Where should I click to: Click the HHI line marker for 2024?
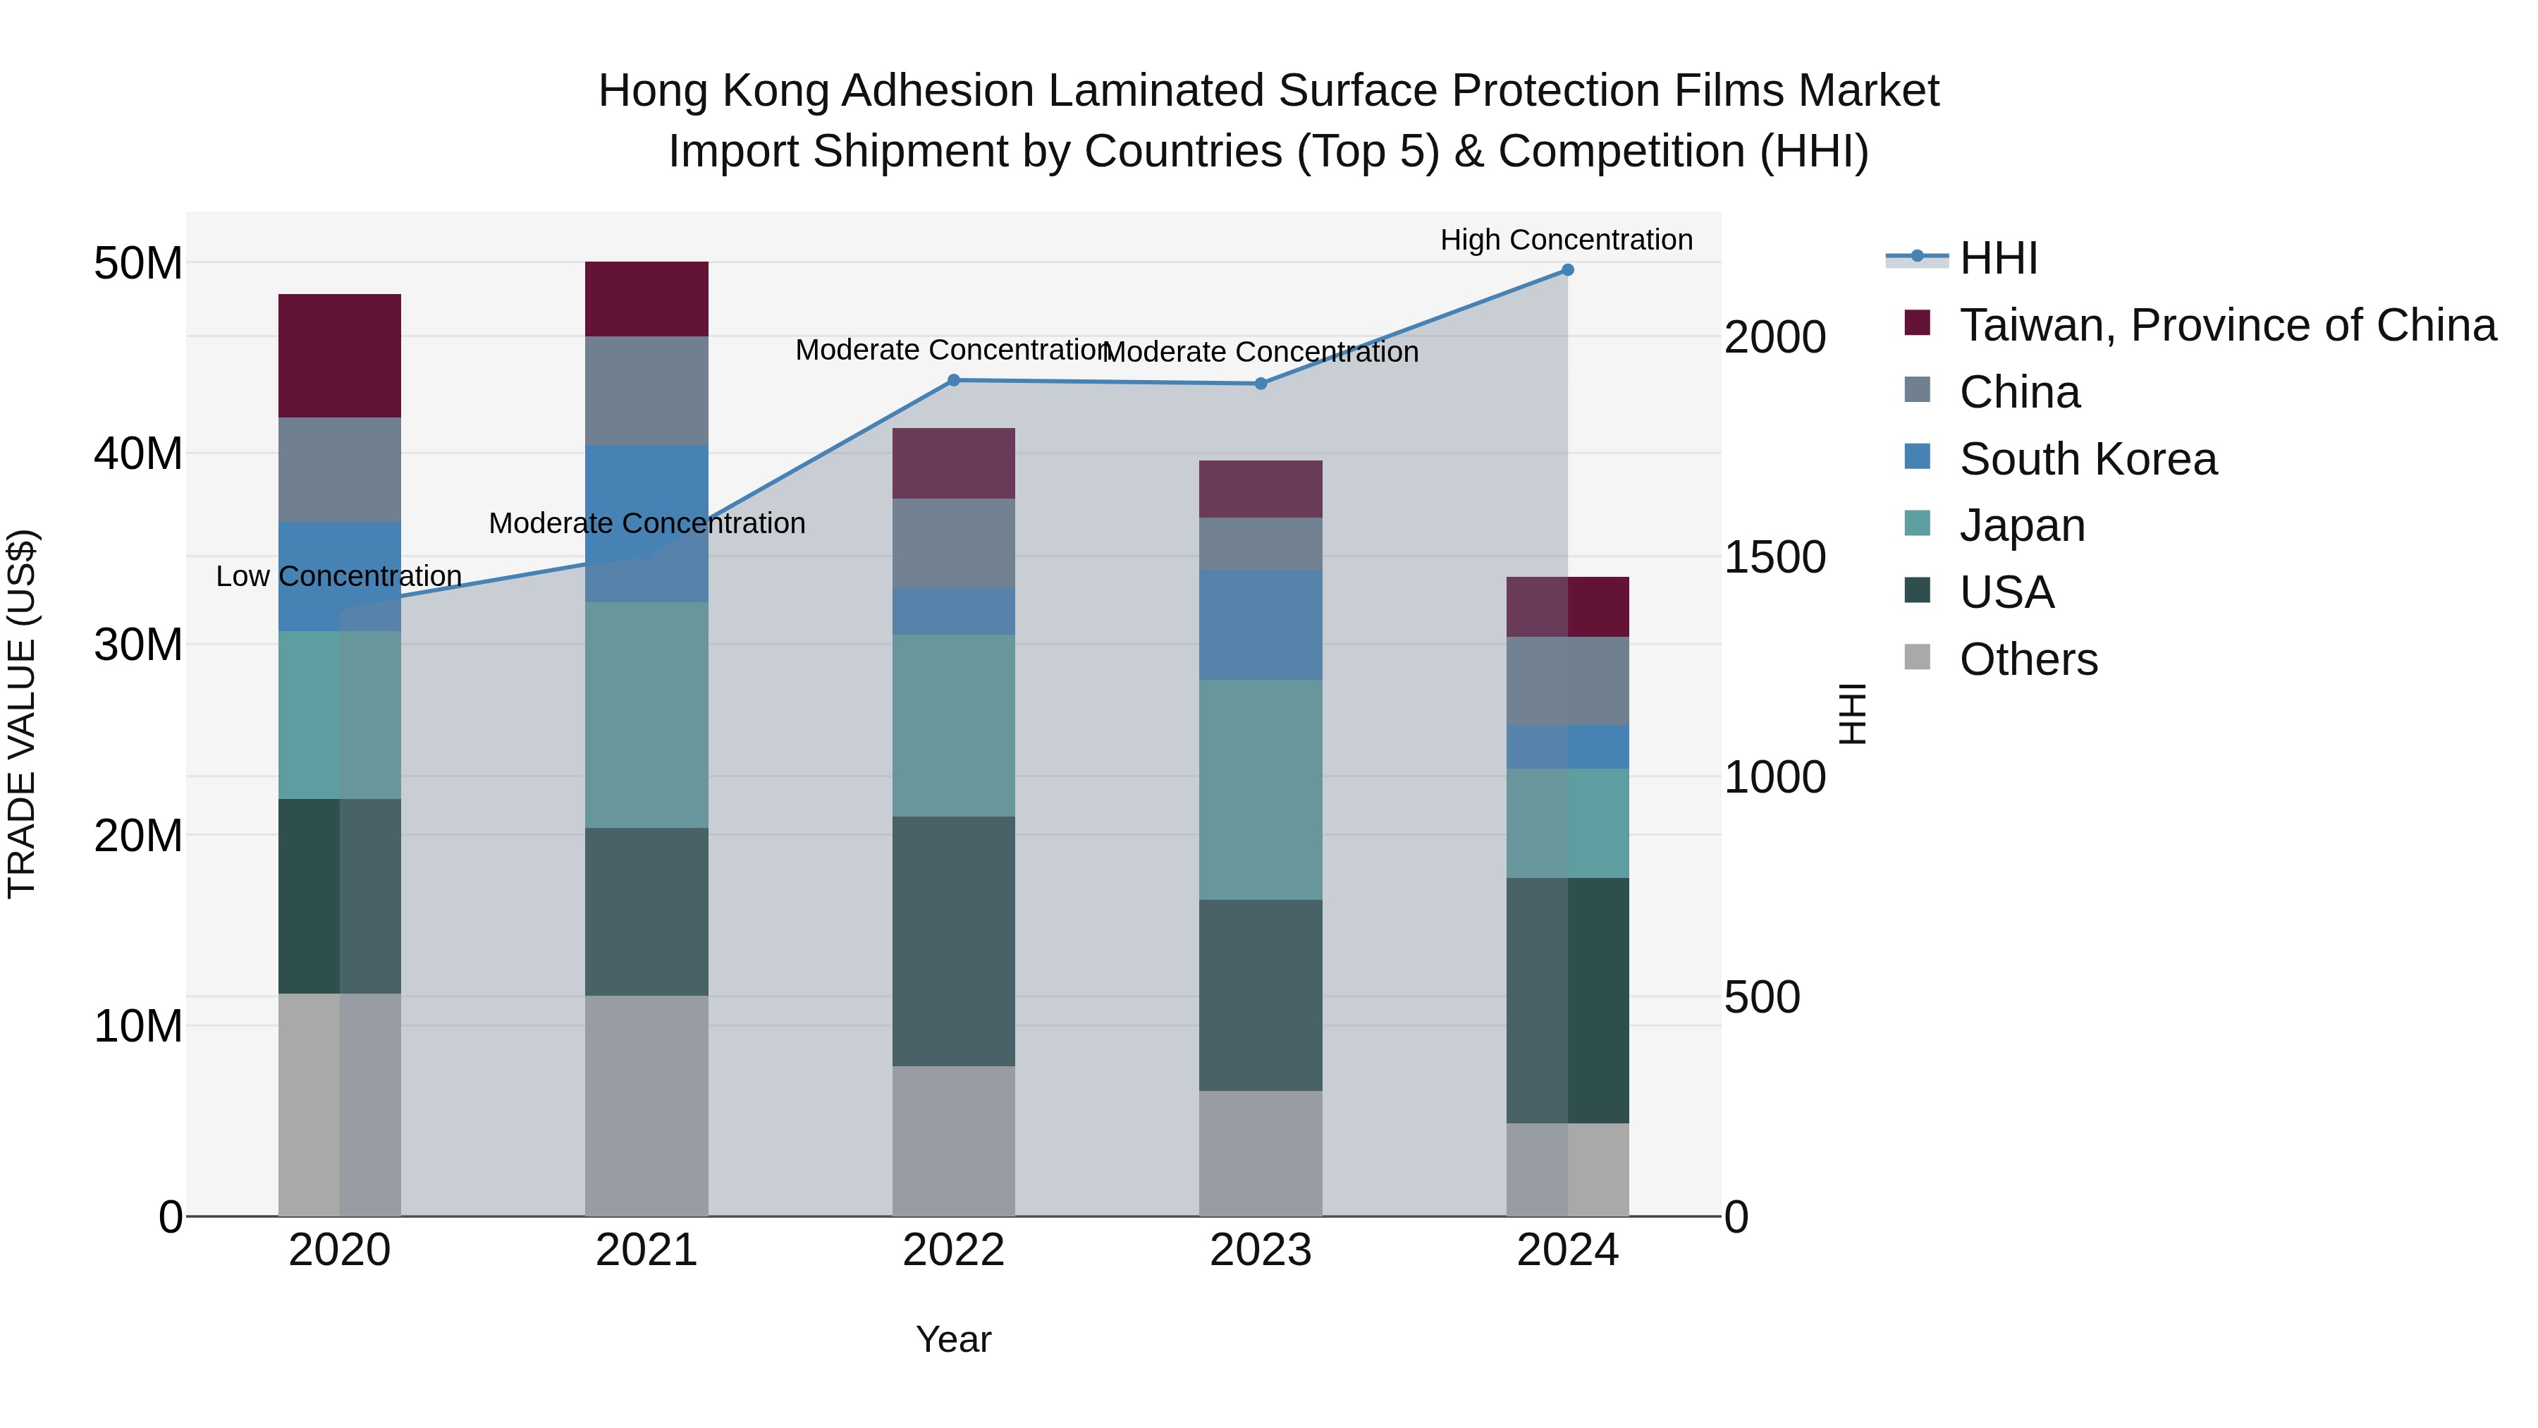click(1567, 270)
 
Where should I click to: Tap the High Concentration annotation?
click(1567, 240)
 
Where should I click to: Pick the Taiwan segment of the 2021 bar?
click(646, 298)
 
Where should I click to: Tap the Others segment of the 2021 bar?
click(646, 1105)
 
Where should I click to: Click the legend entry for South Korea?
click(2088, 459)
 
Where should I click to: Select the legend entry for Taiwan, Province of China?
click(2226, 325)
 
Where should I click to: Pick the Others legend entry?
click(2028, 659)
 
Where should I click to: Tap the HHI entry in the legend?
click(1997, 258)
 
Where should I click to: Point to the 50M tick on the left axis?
click(138, 263)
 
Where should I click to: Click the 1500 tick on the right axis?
click(1774, 558)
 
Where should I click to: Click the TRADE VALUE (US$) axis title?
click(22, 714)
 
